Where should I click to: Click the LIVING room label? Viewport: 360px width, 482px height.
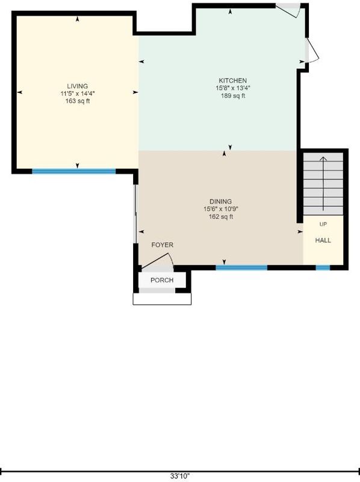pos(78,86)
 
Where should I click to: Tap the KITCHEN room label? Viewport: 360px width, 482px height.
pos(232,81)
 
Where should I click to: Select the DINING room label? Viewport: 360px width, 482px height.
pos(220,202)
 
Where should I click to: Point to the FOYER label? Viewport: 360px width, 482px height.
pos(162,245)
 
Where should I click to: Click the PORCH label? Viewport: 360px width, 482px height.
pos(162,280)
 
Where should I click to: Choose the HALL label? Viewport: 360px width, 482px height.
pos(323,240)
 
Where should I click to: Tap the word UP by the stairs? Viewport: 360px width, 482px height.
pos(323,224)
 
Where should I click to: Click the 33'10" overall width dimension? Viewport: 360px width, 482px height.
pos(180,476)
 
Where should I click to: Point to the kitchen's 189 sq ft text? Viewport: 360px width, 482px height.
pos(233,96)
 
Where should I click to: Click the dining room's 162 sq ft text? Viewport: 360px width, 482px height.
pos(221,217)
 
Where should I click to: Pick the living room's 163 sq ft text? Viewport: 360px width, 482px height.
pos(78,101)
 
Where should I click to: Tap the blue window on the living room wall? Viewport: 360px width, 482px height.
pos(73,171)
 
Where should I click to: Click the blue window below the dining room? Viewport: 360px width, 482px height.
pos(241,268)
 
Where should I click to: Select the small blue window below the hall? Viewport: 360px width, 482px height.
pos(323,268)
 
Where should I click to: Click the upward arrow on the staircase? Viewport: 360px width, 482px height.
pos(323,184)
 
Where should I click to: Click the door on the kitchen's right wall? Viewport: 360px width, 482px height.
pos(312,51)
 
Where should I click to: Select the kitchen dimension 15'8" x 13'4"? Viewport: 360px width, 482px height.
pos(233,88)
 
